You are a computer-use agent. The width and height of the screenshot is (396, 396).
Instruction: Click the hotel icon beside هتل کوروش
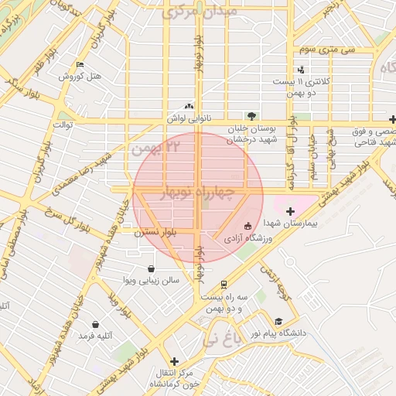coord(80,65)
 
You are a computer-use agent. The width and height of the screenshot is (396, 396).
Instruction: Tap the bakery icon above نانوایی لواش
coord(189,107)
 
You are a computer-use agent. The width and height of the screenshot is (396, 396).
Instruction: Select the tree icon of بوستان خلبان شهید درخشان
coord(249,116)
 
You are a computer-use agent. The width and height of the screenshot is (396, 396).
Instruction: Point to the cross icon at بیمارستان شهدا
coord(290,211)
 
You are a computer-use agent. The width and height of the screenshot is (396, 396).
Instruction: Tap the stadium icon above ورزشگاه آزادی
coord(247,227)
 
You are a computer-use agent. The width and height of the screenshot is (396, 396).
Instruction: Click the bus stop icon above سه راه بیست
coord(224,285)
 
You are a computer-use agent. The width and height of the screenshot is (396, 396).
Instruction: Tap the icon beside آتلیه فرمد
coord(94,325)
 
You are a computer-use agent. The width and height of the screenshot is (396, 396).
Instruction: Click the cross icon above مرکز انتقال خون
coord(174,360)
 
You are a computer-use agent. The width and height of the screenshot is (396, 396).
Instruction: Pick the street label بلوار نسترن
coord(155,231)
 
